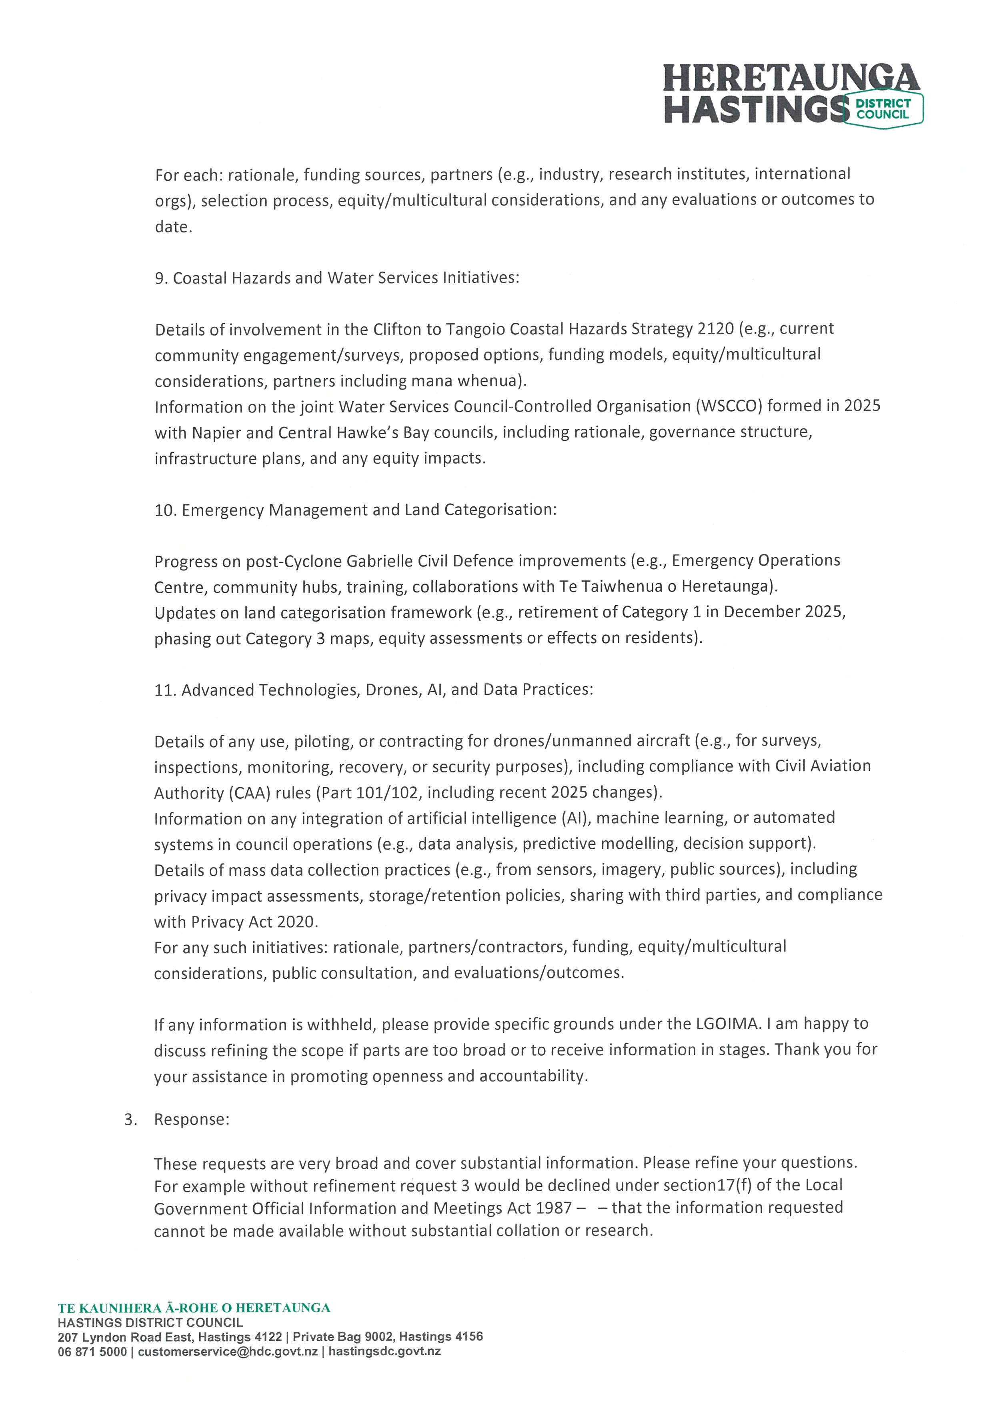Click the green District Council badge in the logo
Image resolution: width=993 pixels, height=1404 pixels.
[x=883, y=109]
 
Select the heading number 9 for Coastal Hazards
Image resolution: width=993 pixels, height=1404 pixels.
[x=161, y=279]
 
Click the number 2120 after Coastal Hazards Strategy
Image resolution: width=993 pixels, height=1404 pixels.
[x=715, y=329]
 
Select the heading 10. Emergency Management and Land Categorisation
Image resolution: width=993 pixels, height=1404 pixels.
[x=355, y=510]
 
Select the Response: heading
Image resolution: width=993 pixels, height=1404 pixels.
[x=191, y=1120]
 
